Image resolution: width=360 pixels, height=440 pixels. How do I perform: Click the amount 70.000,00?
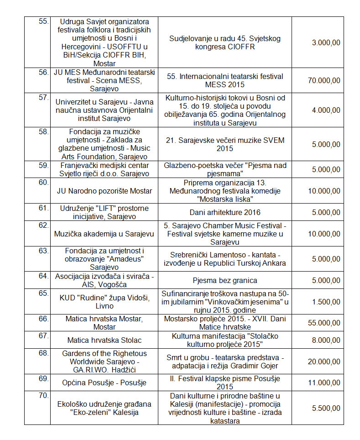tap(323, 80)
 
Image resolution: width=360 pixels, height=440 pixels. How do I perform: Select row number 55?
tap(43, 21)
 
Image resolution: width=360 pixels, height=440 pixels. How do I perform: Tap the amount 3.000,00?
tap(326, 42)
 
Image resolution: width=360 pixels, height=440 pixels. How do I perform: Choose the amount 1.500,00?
tap(326, 301)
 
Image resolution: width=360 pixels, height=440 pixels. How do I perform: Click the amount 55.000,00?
tap(323, 323)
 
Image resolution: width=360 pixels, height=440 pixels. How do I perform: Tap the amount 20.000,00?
tap(323, 361)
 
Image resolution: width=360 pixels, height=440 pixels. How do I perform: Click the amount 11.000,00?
tap(323, 382)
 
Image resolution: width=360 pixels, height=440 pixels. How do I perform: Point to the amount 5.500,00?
tap(326, 408)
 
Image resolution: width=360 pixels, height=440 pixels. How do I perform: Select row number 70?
tap(43, 395)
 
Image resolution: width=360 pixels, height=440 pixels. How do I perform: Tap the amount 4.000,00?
tap(326, 110)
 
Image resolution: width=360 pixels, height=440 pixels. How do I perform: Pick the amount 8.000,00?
tap(326, 340)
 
